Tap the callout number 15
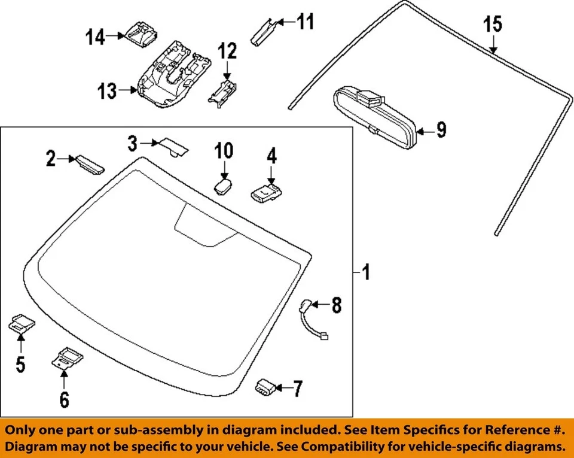pyautogui.click(x=493, y=25)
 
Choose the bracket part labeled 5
pyautogui.click(x=22, y=324)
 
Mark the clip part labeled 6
pyautogui.click(x=66, y=359)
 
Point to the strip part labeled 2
pyautogui.click(x=87, y=162)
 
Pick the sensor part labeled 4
pyautogui.click(x=267, y=192)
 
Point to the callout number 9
pyautogui.click(x=441, y=129)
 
